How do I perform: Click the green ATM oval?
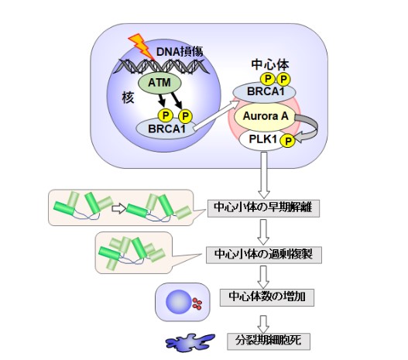pyautogui.click(x=159, y=84)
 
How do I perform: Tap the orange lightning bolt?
pyautogui.click(x=141, y=46)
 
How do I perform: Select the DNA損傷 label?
pyautogui.click(x=180, y=52)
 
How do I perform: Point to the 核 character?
pyautogui.click(x=128, y=98)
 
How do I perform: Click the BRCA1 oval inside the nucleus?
pyautogui.click(x=166, y=129)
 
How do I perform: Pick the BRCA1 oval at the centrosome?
pyautogui.click(x=264, y=92)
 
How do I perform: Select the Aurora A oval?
pyautogui.click(x=265, y=117)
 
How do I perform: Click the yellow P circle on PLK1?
pyautogui.click(x=287, y=141)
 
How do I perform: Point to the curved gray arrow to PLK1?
pyautogui.click(x=314, y=128)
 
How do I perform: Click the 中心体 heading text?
pyautogui.click(x=270, y=65)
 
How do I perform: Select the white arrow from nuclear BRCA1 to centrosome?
pyautogui.click(x=217, y=115)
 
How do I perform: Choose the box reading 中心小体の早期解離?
pyautogui.click(x=263, y=207)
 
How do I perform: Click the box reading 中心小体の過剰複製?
pyautogui.click(x=264, y=255)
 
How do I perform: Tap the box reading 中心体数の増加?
pyautogui.click(x=267, y=297)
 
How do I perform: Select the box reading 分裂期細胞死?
pyautogui.click(x=269, y=341)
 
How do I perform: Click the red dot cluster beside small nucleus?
pyautogui.click(x=197, y=303)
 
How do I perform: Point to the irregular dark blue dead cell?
pyautogui.click(x=190, y=341)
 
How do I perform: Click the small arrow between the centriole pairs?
pyautogui.click(x=118, y=208)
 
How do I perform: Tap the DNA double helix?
pyautogui.click(x=161, y=66)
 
